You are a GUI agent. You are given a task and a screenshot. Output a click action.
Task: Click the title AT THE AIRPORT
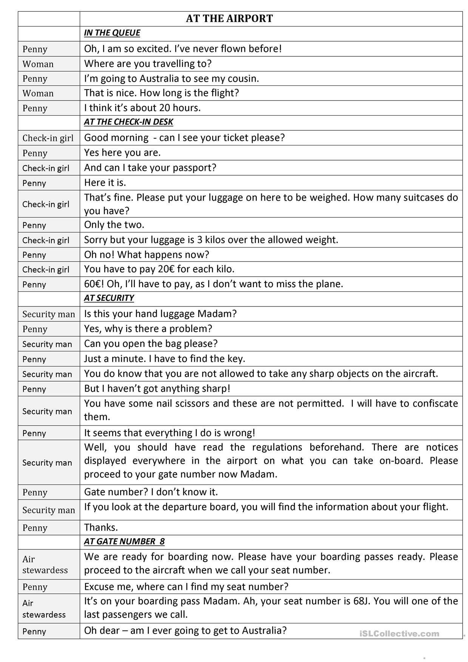[229, 19]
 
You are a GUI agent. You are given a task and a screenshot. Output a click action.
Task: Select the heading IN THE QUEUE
[112, 33]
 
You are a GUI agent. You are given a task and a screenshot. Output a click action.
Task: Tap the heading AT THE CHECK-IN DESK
[128, 122]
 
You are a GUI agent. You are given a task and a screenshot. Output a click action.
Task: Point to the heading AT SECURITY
[109, 298]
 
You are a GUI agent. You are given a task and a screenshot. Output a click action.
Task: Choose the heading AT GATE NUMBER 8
[124, 541]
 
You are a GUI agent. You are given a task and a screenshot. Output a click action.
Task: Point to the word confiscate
[435, 404]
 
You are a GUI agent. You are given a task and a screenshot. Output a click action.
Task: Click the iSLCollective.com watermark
[399, 634]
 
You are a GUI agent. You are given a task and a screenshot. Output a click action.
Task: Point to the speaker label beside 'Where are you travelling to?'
[38, 64]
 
